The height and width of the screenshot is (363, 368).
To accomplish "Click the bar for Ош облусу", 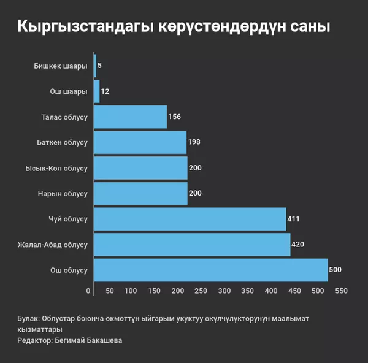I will pyautogui.click(x=210, y=270).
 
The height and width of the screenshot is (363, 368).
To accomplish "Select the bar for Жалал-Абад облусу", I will pyautogui.click(x=192, y=245).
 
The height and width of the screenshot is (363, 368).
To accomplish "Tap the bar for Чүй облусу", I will pyautogui.click(x=190, y=219).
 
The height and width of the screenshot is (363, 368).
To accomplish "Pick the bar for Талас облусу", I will pyautogui.click(x=130, y=117).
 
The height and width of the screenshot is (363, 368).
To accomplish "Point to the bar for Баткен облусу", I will pyautogui.click(x=140, y=142).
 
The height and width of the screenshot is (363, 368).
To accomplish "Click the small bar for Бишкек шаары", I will pyautogui.click(x=95, y=66).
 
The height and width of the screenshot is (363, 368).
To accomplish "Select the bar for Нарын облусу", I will pyautogui.click(x=140, y=193).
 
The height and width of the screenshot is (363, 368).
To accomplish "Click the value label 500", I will pyautogui.click(x=335, y=270).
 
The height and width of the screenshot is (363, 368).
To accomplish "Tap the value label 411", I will pyautogui.click(x=293, y=219).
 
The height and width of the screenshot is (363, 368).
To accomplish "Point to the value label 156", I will pyautogui.click(x=174, y=117).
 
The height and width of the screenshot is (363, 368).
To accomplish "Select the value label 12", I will pyautogui.click(x=105, y=91).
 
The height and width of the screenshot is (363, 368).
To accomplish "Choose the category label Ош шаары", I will pyautogui.click(x=69, y=91).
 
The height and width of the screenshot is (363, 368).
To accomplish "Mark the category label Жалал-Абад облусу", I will pyautogui.click(x=53, y=245).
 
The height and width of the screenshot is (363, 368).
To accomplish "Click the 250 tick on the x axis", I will pyautogui.click(x=201, y=291).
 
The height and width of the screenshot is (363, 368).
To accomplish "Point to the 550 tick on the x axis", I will pyautogui.click(x=342, y=291).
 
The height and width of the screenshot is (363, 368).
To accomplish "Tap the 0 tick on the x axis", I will pyautogui.click(x=88, y=291).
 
